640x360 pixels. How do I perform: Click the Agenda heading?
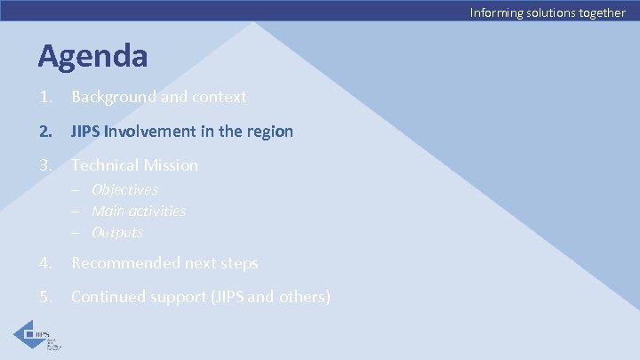[x=92, y=56]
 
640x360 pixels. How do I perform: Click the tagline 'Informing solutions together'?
[x=548, y=12]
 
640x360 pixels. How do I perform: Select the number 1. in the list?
[x=44, y=97]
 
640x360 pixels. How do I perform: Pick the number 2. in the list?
[x=44, y=132]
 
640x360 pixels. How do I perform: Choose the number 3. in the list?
[x=44, y=165]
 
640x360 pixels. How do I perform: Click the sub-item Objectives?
[x=124, y=189]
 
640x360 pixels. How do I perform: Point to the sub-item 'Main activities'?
[x=139, y=211]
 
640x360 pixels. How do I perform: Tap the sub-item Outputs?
[x=117, y=232]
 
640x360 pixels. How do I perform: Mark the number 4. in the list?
[x=44, y=263]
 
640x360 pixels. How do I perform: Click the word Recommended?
[x=126, y=263]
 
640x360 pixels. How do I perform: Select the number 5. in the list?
[x=44, y=297]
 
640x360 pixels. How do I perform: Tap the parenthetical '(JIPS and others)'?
[x=269, y=297]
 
